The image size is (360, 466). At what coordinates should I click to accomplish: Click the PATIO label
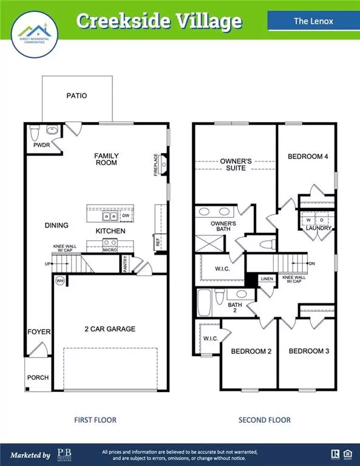76,96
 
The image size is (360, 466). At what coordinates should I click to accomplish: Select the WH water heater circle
59,281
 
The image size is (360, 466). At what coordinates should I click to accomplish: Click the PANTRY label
124,265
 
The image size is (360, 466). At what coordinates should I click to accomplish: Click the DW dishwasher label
126,215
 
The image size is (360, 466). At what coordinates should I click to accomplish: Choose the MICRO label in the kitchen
110,249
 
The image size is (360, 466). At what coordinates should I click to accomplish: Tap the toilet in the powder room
34,132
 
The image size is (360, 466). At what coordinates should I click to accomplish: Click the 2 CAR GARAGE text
109,329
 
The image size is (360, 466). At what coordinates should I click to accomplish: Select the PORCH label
38,377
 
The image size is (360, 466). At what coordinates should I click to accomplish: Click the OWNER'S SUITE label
233,164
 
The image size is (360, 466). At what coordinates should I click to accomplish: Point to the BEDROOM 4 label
308,157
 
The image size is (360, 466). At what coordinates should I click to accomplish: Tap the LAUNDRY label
318,228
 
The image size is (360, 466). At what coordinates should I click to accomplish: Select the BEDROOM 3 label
308,351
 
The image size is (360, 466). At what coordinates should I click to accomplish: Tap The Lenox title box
309,21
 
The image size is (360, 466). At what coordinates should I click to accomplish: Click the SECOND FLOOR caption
264,420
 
